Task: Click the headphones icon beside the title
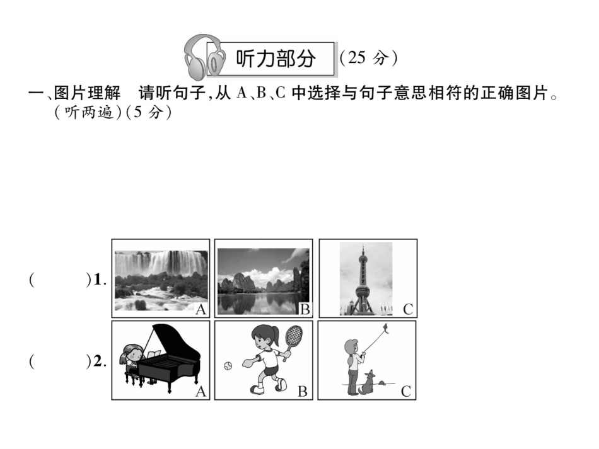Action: point(202,57)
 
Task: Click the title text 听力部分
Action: point(276,59)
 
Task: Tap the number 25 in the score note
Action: point(357,57)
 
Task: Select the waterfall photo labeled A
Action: point(161,280)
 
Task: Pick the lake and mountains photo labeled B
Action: point(263,281)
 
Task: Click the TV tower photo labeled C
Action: point(366,278)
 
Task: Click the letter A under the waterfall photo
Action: point(201,310)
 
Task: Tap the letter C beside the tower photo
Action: point(408,309)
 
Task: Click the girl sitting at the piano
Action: point(131,360)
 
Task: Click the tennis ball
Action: point(228,366)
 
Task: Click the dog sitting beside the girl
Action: point(367,382)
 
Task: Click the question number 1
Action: point(98,280)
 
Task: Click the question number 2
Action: point(98,361)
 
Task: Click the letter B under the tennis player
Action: point(303,391)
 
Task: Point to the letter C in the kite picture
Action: point(405,391)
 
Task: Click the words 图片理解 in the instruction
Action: point(87,93)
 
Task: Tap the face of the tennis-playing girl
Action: point(260,339)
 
